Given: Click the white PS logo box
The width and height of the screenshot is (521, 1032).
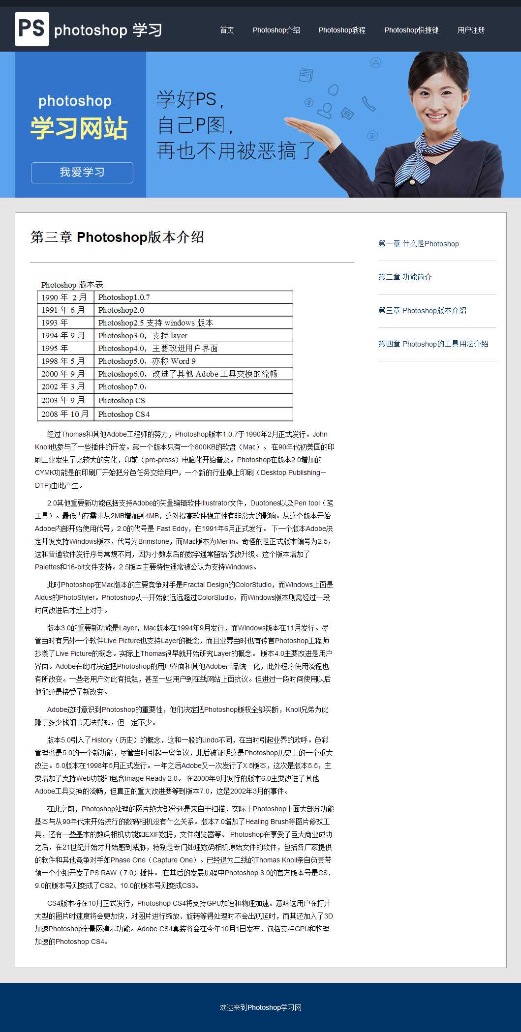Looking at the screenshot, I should [x=31, y=29].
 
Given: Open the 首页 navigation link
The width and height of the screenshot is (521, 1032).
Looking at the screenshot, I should [x=227, y=30].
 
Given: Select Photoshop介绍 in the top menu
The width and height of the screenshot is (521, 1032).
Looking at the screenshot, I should [x=276, y=30].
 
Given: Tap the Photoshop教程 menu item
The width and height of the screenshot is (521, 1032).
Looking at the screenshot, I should [x=342, y=30].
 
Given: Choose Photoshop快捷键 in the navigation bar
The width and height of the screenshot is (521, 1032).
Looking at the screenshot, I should [x=411, y=30].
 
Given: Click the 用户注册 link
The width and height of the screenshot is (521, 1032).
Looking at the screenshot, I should [x=471, y=30].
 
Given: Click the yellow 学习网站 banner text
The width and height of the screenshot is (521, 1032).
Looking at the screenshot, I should [x=79, y=128].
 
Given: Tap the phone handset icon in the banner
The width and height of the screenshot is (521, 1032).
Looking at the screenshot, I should [x=368, y=104].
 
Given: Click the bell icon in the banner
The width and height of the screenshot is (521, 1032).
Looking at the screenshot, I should [x=334, y=90].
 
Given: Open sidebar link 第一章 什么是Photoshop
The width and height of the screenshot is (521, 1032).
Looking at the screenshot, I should [x=418, y=243].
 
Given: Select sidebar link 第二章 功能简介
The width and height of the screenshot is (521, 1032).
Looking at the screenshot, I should [x=405, y=277].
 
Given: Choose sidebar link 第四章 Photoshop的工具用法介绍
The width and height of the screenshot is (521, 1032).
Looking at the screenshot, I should [x=433, y=344].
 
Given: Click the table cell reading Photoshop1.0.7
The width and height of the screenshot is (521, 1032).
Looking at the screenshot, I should [x=124, y=297].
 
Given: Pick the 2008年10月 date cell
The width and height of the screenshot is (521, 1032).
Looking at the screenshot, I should [x=65, y=414].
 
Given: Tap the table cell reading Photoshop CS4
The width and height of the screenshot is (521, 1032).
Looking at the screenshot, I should [x=124, y=414].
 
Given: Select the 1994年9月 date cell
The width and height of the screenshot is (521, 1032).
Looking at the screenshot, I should [x=63, y=335].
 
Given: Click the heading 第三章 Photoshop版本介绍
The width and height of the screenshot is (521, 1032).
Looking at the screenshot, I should [x=117, y=237].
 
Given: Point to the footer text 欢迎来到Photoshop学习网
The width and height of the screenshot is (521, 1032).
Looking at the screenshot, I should [x=260, y=1007].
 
